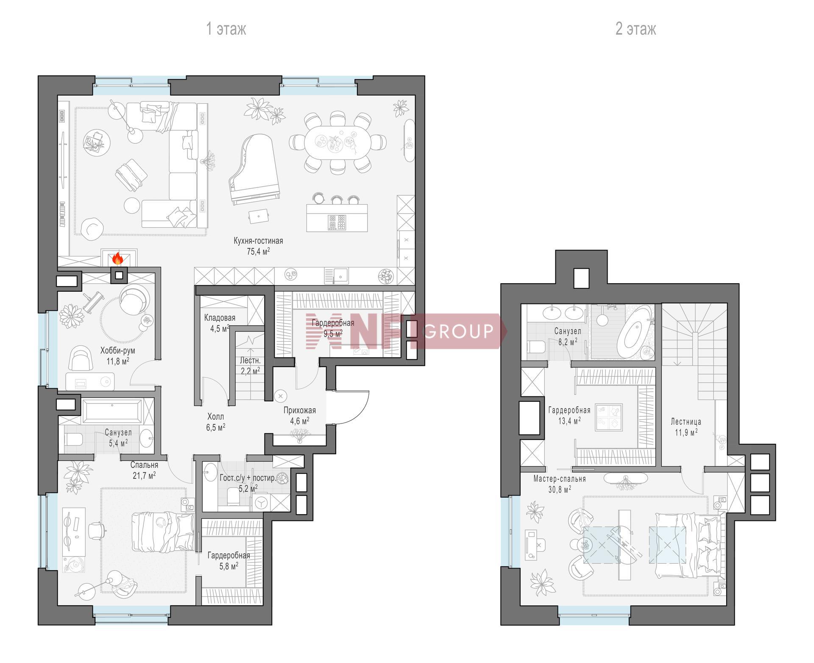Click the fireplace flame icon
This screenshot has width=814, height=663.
pyautogui.click(x=117, y=258)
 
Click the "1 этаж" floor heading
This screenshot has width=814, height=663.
pyautogui.click(x=226, y=29)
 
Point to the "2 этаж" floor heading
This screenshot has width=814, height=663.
pyautogui.click(x=636, y=29)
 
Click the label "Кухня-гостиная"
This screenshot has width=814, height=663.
pyautogui.click(x=258, y=241)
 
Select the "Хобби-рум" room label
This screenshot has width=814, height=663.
pyautogui.click(x=117, y=351)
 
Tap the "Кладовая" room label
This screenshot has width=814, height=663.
pyautogui.click(x=220, y=318)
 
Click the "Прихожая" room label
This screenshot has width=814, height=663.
pyautogui.click(x=300, y=410)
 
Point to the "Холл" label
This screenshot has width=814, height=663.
pyautogui.click(x=215, y=417)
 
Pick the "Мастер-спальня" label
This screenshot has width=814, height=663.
pyautogui.click(x=560, y=479)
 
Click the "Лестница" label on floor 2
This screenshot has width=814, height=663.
pyautogui.click(x=686, y=422)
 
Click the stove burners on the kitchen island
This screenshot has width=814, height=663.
pyautogui.click(x=337, y=223)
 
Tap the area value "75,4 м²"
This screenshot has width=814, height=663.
pyautogui.click(x=258, y=251)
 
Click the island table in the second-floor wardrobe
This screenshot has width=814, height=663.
pyautogui.click(x=609, y=418)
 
